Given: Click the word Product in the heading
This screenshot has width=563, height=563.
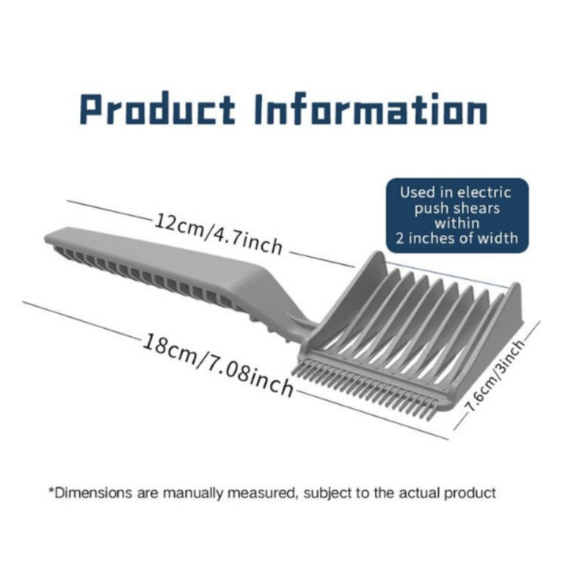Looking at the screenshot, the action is [x=157, y=108].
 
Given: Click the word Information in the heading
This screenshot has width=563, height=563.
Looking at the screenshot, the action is [x=371, y=108].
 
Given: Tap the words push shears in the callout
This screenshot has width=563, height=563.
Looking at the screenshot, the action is [x=457, y=208].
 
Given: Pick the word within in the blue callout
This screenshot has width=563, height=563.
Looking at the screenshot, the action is [x=457, y=223].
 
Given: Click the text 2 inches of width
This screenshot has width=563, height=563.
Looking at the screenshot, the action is [x=457, y=238].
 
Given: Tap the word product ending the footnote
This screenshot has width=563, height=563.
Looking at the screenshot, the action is [x=469, y=493].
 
